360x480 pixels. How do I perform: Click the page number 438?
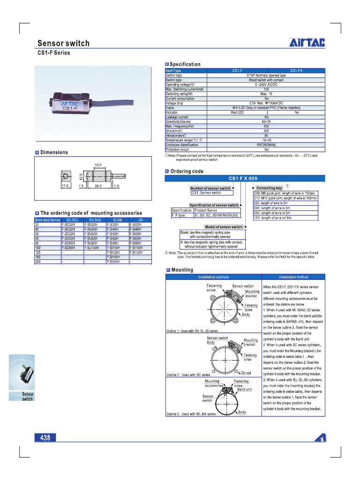pyautogui.click(x=45, y=438)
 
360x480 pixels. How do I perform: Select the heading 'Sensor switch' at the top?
pyautogui.click(x=63, y=44)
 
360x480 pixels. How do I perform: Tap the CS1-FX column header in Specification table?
pyautogui.click(x=296, y=70)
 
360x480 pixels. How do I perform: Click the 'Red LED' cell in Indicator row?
pyautogui.click(x=237, y=112)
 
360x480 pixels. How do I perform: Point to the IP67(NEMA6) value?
pyautogui.click(x=266, y=145)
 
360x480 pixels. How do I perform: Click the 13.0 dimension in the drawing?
pyautogui.click(x=98, y=165)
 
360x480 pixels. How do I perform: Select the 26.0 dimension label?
pyautogui.click(x=98, y=186)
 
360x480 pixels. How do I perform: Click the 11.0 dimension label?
pyautogui.click(x=65, y=186)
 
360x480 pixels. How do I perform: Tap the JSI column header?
pyautogui.click(x=140, y=219)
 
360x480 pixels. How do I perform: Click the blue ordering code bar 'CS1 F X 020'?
pyautogui.click(x=244, y=178)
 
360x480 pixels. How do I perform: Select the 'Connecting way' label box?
pyautogui.click(x=270, y=188)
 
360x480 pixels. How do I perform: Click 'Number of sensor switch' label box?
pyautogui.click(x=210, y=188)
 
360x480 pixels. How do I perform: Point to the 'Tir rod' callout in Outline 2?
pyautogui.click(x=246, y=373)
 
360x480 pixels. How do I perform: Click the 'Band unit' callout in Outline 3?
pyautogui.click(x=245, y=389)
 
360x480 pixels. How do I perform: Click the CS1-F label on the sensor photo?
pyautogui.click(x=69, y=110)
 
